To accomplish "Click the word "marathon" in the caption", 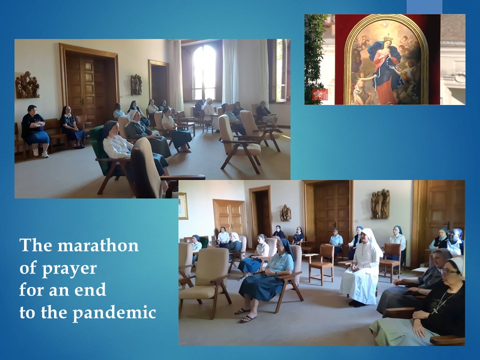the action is click(98, 245).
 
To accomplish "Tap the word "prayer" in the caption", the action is click(69, 269).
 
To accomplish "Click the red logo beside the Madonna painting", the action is click(320, 94).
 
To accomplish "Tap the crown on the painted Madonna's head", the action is click(388, 38).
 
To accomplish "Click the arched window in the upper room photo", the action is click(204, 72).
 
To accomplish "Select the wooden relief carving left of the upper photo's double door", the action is click(27, 85).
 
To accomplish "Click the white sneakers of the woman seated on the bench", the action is click(40, 153).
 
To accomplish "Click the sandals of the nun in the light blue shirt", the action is click(246, 315).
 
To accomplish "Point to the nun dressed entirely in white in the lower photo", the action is click(361, 267).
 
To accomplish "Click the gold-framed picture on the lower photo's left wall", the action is click(183, 206).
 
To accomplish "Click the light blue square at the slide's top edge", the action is click(424, 6).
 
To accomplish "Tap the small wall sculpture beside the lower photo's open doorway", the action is click(285, 213).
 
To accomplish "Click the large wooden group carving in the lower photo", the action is click(380, 204).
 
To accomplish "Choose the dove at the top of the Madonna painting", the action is click(385, 24).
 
